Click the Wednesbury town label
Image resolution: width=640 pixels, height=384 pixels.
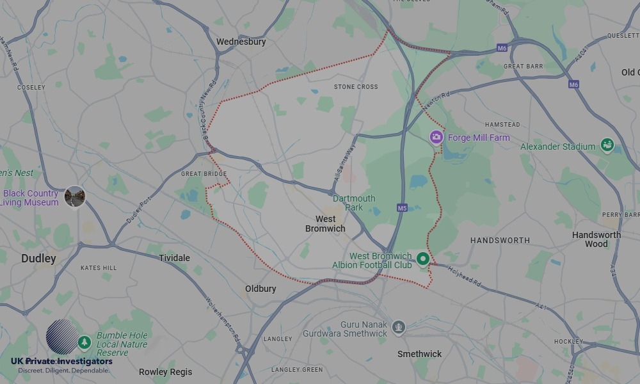click(x=241, y=42)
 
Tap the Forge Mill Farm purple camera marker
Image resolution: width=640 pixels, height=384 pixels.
click(x=436, y=137)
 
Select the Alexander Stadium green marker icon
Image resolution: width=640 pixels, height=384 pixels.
click(x=606, y=146)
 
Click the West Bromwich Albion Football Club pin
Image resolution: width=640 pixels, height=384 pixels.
click(x=422, y=259)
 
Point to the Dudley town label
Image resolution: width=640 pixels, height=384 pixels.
click(x=38, y=259)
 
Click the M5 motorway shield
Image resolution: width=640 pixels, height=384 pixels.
click(x=402, y=208)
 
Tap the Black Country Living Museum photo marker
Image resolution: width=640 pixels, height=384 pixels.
click(x=75, y=196)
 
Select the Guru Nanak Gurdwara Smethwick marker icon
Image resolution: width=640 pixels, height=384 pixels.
click(x=399, y=328)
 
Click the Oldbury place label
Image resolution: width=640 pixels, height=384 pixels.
click(x=260, y=289)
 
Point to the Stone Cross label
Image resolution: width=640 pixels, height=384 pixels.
click(x=356, y=86)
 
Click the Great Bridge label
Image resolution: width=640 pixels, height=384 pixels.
click(x=204, y=173)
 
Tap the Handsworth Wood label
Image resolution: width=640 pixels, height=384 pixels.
click(x=596, y=239)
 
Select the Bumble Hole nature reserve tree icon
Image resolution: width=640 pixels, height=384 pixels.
click(x=83, y=343)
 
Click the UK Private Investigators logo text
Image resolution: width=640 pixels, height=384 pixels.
click(x=61, y=362)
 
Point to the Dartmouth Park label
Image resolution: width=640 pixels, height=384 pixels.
click(x=354, y=203)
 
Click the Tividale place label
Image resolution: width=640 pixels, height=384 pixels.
click(x=174, y=258)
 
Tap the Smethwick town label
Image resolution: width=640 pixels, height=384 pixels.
click(x=419, y=354)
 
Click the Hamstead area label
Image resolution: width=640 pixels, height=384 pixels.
click(x=502, y=124)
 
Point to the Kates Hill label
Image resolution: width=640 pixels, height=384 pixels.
click(x=99, y=268)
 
